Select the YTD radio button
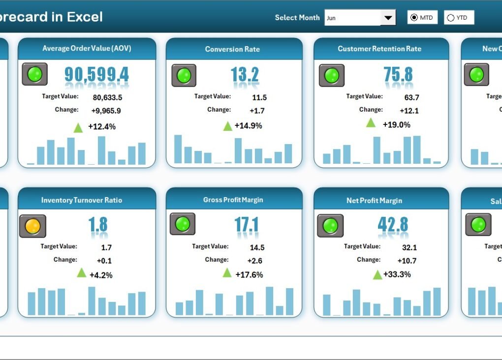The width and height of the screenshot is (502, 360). click(450, 18)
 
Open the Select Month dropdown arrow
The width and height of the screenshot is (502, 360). click(388, 18)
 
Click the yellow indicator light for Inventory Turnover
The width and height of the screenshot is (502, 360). click(32, 226)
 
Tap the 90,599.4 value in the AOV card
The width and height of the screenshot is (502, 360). click(96, 74)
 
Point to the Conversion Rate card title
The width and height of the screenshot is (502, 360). click(232, 49)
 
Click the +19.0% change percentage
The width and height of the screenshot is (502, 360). click(396, 124)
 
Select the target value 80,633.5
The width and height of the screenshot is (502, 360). click(106, 97)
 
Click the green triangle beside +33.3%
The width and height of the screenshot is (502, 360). click(377, 274)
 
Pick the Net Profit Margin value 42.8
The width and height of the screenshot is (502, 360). click(393, 224)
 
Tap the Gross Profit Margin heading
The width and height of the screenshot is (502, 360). click(233, 200)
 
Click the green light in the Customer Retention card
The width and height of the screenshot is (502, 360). click(331, 75)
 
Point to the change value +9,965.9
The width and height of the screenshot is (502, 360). click(106, 111)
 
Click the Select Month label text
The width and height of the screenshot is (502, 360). click(297, 18)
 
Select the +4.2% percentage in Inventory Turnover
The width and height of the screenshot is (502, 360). click(101, 275)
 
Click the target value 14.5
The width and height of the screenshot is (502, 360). click(257, 247)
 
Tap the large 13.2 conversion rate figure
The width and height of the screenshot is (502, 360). click(245, 75)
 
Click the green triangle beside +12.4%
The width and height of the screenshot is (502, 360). click(78, 128)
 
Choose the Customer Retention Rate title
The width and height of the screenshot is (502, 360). click(379, 49)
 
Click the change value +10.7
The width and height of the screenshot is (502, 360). click(407, 261)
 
